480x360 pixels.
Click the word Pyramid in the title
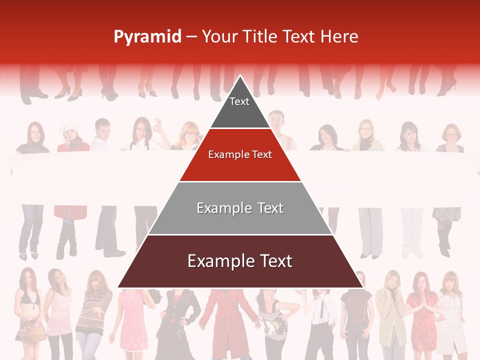click(x=147, y=37)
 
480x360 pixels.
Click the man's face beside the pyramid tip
click(x=276, y=120)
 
